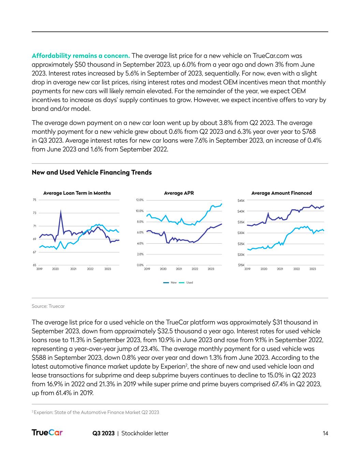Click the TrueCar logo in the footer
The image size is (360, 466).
(x=47, y=433)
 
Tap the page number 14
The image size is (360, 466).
(x=325, y=433)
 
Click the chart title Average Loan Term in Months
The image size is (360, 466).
(x=77, y=193)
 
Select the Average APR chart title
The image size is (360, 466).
(x=179, y=193)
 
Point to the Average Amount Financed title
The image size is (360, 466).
(x=282, y=193)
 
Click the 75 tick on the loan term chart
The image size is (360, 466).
(x=34, y=200)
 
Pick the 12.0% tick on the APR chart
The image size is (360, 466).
(x=140, y=200)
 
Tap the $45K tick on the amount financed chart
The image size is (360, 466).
(x=241, y=201)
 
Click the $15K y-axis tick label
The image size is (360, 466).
(x=241, y=265)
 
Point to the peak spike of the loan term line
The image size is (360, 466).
(x=61, y=211)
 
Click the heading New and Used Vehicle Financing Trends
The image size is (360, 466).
(x=92, y=172)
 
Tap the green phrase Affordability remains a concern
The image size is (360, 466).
(x=81, y=56)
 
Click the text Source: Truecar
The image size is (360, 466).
(x=48, y=306)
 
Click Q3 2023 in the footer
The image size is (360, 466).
(x=103, y=433)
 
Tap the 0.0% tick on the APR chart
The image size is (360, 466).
(x=140, y=265)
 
